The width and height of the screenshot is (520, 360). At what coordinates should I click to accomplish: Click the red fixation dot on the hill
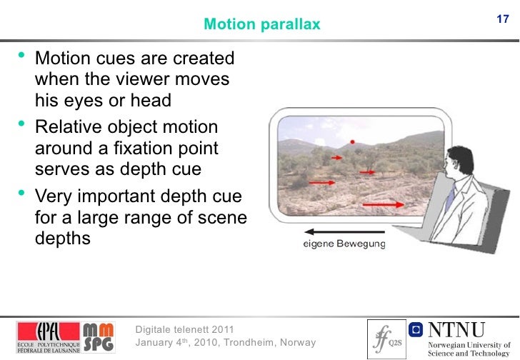click(x=351, y=141)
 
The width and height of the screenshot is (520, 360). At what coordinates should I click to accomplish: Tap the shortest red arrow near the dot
click(x=335, y=158)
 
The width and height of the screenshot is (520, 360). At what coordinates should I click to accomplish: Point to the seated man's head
click(x=454, y=166)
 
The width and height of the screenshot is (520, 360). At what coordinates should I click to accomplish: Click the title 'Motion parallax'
click(x=262, y=25)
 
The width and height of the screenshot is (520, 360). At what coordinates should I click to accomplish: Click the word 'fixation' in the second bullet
click(x=146, y=148)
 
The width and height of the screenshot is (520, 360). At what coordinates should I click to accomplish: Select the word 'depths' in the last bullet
click(x=63, y=237)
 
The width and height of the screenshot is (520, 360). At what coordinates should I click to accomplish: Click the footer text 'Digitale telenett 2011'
click(x=184, y=329)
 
